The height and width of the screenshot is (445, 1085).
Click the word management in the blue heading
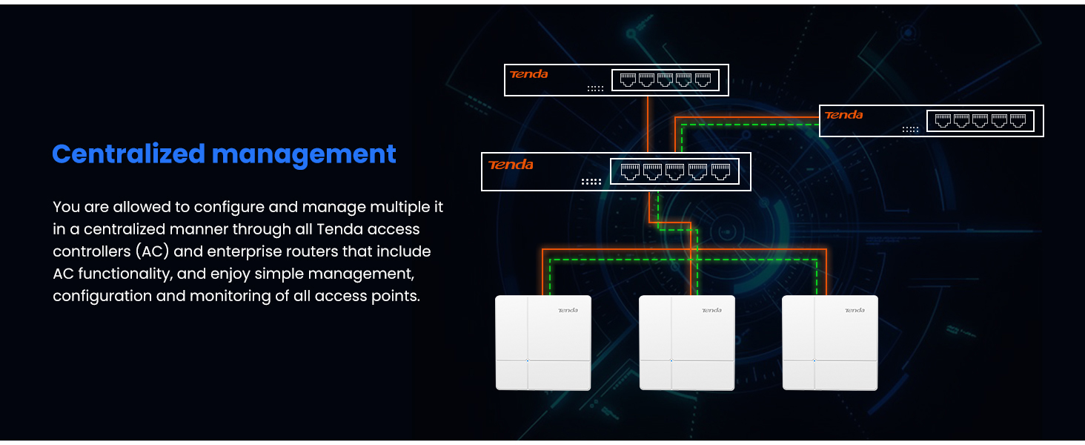[x=304, y=154]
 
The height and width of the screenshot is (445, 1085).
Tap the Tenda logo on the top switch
[x=528, y=74]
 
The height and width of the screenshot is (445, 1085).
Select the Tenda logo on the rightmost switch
[x=843, y=115]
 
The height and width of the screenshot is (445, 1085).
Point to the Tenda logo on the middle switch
[x=511, y=165]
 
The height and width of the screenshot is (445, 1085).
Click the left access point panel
[x=543, y=343]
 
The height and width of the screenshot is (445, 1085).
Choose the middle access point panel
[x=687, y=343]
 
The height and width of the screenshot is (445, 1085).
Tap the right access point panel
[x=830, y=343]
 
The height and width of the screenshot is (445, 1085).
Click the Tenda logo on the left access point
[x=568, y=310]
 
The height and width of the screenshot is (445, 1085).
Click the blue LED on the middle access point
[x=671, y=361]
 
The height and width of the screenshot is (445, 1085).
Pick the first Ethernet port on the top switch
[x=628, y=80]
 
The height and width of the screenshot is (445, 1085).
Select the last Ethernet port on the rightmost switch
[x=1018, y=121]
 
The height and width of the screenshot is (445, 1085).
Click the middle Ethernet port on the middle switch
[x=674, y=172]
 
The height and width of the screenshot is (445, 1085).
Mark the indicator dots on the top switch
[x=595, y=89]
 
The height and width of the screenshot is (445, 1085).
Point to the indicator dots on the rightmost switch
[x=910, y=129]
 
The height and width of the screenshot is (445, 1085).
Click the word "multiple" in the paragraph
[x=394, y=207]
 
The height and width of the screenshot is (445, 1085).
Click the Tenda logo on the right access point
[x=855, y=310]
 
